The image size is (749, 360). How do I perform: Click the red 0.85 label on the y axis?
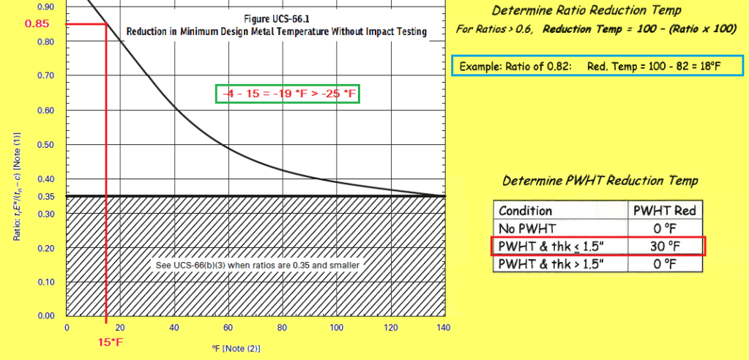coord(37,23)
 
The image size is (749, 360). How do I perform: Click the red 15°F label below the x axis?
coord(110,341)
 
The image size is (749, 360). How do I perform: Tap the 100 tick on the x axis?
coord(336,328)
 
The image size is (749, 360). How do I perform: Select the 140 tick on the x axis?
coord(443,328)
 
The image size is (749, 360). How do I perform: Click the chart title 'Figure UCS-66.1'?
coord(276,18)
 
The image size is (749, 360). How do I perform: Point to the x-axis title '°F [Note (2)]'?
coord(235,348)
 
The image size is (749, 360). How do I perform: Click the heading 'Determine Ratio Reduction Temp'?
coord(596,11)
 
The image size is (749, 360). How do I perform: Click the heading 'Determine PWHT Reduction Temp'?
coord(600,180)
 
